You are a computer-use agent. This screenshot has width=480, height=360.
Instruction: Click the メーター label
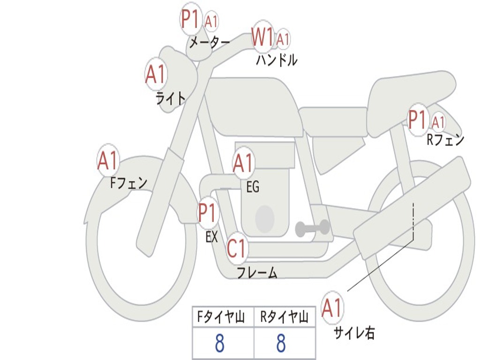210,42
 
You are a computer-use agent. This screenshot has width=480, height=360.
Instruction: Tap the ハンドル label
277,60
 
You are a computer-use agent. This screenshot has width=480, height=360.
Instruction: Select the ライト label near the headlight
171,98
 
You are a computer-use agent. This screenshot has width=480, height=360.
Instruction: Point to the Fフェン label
128,183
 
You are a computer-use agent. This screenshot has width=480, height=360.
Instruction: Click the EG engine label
253,187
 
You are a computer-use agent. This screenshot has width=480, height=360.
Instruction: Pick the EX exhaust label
211,237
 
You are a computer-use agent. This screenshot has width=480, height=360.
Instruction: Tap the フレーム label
257,272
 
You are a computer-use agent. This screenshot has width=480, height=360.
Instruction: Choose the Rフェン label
445,140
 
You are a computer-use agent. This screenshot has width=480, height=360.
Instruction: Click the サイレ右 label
354,333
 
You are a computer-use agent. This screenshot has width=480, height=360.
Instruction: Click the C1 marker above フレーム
237,248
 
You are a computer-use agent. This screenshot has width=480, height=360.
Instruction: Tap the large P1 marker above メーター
190,19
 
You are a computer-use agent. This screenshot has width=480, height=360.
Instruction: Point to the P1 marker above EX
208,212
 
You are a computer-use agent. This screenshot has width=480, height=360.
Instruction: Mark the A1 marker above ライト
156,74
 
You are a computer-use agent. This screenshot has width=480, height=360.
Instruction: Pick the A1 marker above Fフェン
108,160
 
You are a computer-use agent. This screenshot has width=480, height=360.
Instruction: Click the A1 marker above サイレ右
332,307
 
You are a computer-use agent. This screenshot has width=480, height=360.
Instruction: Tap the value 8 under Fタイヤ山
220,343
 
